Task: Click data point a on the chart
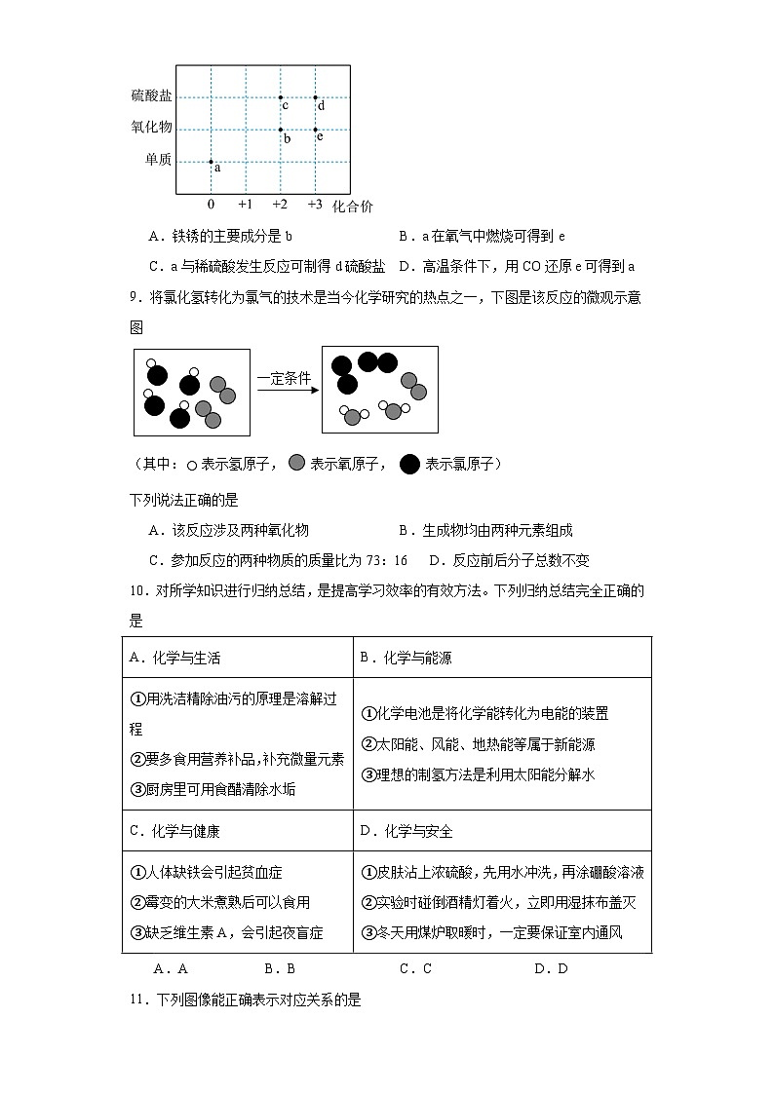pos(211,162)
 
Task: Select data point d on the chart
pos(315,97)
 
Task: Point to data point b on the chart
pos(281,130)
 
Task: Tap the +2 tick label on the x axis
pos(280,205)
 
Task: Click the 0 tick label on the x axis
pos(211,205)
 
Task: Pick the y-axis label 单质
pos(158,161)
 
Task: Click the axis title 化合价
pos(352,206)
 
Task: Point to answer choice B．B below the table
pos(279,968)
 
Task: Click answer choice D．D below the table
pos(551,968)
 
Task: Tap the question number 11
pos(138,999)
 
